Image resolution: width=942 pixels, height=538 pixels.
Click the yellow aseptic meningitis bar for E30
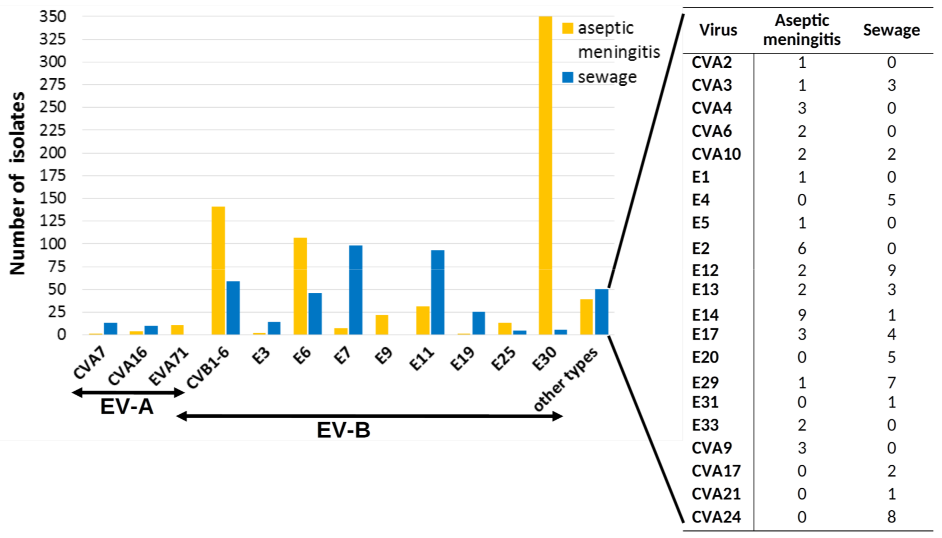tap(545, 175)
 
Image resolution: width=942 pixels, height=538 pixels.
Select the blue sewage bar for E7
tap(356, 290)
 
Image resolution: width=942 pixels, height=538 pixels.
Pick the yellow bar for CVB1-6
tap(218, 270)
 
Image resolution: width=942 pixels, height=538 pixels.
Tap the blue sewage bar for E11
tap(438, 292)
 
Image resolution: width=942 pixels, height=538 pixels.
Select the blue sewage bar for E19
tap(479, 323)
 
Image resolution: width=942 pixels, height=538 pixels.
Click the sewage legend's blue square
tap(567, 77)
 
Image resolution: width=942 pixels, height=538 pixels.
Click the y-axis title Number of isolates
tap(17, 183)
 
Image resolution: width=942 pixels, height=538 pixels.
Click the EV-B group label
tap(343, 430)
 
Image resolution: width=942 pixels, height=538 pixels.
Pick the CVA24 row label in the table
tap(716, 517)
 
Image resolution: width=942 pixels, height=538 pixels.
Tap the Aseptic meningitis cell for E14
tap(802, 315)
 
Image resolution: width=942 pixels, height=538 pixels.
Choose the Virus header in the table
tap(718, 30)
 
